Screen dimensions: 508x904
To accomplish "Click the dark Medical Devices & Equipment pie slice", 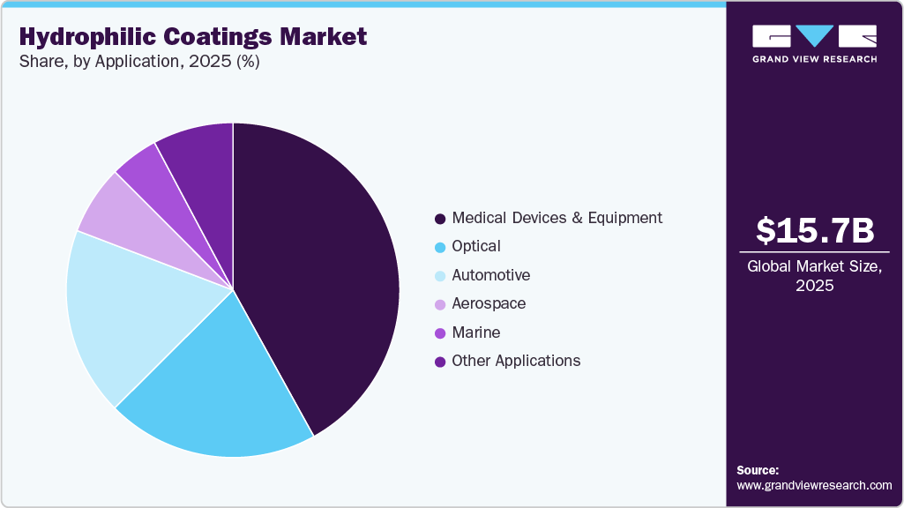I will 318,265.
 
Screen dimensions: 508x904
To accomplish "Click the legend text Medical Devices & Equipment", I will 557,218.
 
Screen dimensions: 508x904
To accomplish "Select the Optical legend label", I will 476,246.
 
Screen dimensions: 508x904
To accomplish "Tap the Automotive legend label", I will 490,275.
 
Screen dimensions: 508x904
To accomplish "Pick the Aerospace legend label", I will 489,303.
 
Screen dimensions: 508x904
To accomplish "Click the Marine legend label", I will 476,332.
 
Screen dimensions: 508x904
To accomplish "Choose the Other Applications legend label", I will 516,361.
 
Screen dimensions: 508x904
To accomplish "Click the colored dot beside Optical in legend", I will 439,247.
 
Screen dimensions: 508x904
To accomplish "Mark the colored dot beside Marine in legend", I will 439,333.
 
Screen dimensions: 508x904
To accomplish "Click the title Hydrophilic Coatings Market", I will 193,37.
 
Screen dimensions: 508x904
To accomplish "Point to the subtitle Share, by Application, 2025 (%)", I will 138,63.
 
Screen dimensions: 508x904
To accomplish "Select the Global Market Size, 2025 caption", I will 815,276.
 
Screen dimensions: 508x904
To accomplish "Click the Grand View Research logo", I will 815,43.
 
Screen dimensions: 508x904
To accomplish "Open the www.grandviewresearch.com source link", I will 814,485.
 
